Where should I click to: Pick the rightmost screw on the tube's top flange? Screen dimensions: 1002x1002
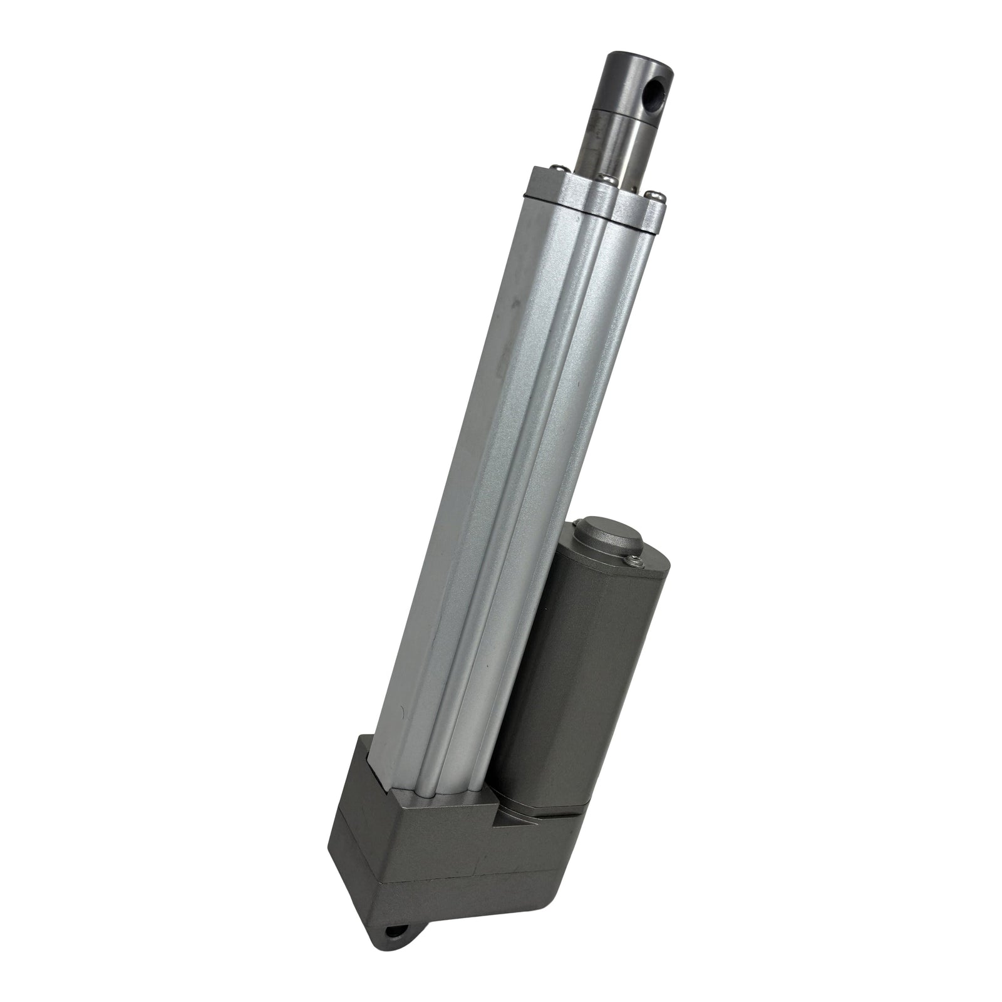pyautogui.click(x=653, y=195)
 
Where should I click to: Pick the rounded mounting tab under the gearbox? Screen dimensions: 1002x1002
pyautogui.click(x=401, y=952)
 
